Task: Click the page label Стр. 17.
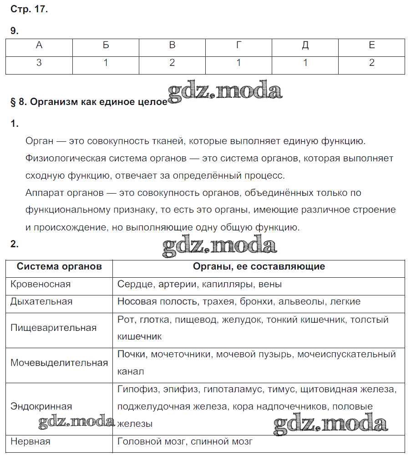click(x=29, y=9)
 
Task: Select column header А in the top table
click(x=39, y=45)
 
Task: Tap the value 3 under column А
click(x=39, y=63)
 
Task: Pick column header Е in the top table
click(x=371, y=45)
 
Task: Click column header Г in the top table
click(x=238, y=45)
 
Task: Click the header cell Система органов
click(x=59, y=266)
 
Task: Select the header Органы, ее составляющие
click(x=259, y=266)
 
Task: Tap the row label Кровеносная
click(x=41, y=284)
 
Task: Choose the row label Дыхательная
click(x=41, y=301)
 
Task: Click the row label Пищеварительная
click(x=53, y=328)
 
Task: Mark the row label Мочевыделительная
click(x=59, y=363)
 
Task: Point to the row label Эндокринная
click(x=41, y=406)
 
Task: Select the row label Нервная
click(x=30, y=441)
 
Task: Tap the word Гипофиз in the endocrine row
click(x=135, y=389)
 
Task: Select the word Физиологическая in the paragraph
click(x=66, y=158)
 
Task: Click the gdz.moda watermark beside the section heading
click(x=225, y=92)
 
